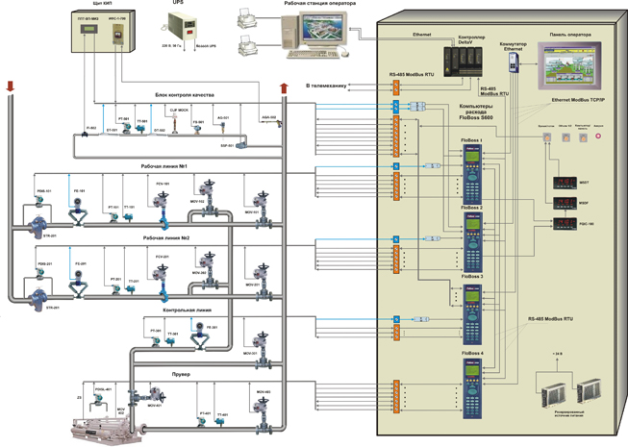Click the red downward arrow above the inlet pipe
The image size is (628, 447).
point(11,87)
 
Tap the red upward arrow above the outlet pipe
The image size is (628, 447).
point(284,88)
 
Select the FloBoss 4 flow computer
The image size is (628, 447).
point(474,389)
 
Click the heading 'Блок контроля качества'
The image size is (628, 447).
point(190,95)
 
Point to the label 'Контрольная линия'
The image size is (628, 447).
point(183,310)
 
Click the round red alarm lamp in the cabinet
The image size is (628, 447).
point(598,137)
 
